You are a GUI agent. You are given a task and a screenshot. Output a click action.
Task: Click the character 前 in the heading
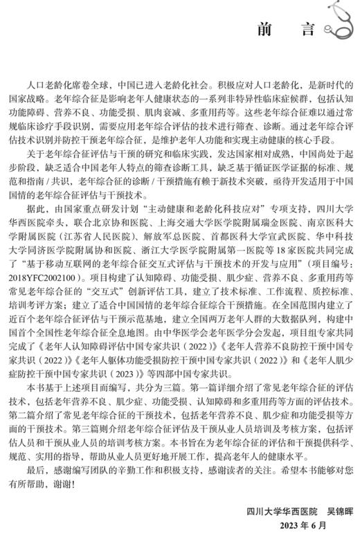263,30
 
